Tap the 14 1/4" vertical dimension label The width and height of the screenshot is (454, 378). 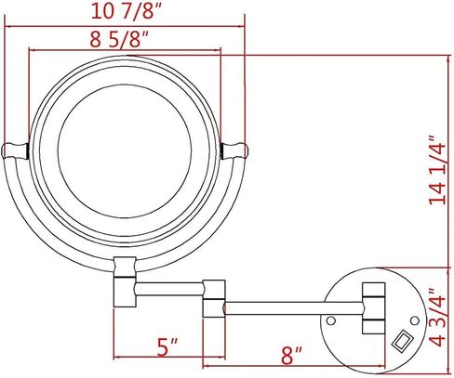(x=437, y=169)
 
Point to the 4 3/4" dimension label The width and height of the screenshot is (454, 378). (x=438, y=318)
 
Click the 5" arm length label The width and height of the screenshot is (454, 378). (x=167, y=347)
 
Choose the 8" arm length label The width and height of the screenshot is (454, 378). (x=292, y=356)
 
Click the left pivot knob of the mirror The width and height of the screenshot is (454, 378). (x=16, y=150)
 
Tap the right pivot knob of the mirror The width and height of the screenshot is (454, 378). (x=234, y=150)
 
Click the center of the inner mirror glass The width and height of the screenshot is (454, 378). (x=125, y=150)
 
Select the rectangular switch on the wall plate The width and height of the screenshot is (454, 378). (x=403, y=341)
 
